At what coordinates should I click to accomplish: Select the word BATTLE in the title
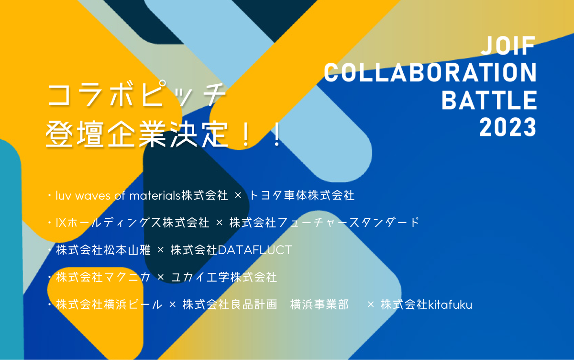point(489,100)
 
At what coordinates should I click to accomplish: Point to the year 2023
point(508,127)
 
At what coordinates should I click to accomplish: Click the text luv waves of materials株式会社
point(142,195)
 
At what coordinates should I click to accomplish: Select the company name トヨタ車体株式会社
point(302,195)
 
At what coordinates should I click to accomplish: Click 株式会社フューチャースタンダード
point(324,223)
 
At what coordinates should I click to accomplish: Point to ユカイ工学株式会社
point(224,277)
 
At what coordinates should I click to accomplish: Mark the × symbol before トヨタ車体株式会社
point(238,196)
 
